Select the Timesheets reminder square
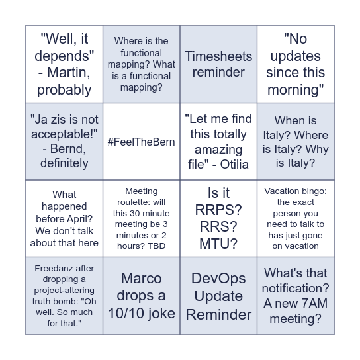coord(218,64)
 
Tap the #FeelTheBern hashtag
coord(141,142)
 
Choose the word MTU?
coord(218,244)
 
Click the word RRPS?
coord(218,210)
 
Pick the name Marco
coord(141,278)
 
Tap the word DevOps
coord(218,278)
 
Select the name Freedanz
coord(54,268)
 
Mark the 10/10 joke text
coord(142,312)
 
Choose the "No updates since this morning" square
coord(295,64)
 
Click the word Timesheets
coord(218,56)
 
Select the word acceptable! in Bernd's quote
coord(64,134)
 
